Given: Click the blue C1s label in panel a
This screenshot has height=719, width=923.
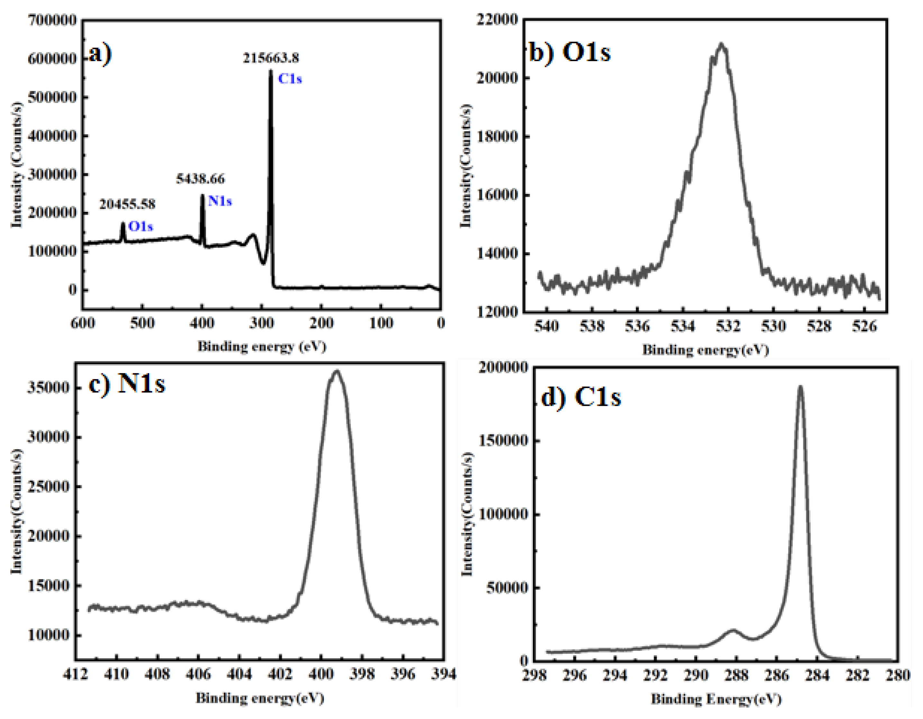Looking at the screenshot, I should coord(290,79).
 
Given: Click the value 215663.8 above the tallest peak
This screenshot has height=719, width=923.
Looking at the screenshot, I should coord(271,58).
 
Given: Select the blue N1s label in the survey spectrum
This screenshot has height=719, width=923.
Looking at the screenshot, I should coord(220,201).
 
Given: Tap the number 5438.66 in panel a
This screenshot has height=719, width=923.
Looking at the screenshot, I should coord(200,179).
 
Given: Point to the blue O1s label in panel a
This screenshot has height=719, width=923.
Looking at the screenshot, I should coord(140,227).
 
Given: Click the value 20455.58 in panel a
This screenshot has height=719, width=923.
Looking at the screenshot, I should coord(127,205).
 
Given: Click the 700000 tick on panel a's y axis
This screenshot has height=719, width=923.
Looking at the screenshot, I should coord(52,20).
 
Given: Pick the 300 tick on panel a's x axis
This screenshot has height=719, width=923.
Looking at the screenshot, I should coord(261,323).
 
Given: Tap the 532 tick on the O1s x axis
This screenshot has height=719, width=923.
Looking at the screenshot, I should coord(728,326).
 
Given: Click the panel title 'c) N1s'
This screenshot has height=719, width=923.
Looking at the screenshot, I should coord(127,384).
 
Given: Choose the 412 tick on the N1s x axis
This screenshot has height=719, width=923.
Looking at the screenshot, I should coord(76,674).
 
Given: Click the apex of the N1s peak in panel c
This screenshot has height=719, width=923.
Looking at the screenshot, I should coord(336,371).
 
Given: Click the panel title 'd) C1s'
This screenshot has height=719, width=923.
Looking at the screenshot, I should coord(581,397).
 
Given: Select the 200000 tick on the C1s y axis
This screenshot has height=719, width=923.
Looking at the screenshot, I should coord(503,367).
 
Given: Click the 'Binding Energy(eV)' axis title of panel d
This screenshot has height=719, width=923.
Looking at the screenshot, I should coord(716,699).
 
